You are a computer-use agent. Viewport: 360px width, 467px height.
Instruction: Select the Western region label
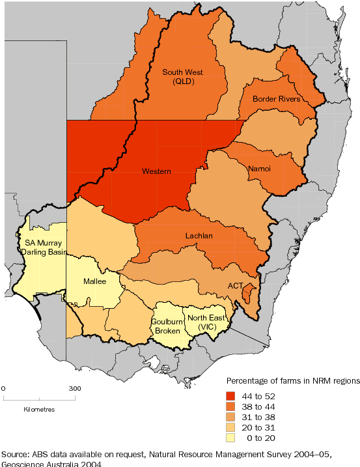[156, 172]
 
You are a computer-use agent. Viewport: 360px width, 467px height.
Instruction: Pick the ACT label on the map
[236, 286]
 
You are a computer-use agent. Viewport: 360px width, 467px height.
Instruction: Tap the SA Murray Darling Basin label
[39, 248]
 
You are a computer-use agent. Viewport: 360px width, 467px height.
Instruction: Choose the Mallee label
[95, 281]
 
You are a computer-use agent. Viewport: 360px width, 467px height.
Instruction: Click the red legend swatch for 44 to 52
[232, 395]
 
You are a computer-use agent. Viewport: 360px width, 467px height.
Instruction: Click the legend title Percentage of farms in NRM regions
[289, 380]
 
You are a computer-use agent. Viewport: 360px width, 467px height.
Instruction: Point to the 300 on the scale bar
[76, 388]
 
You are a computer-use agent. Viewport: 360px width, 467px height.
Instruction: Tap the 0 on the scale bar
[4, 388]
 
